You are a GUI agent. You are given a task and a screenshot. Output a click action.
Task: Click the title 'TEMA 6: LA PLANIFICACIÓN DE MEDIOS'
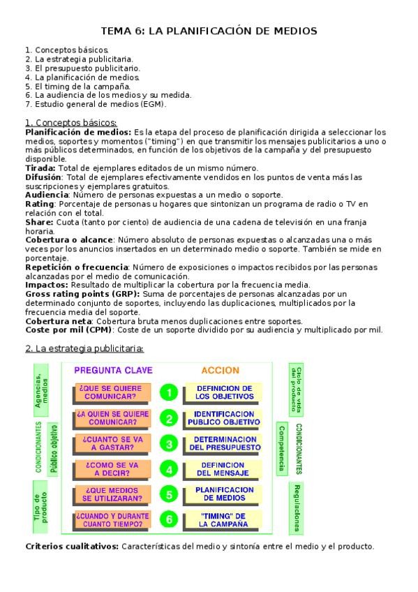[x=209, y=31]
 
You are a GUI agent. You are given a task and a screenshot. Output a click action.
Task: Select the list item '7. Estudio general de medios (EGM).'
[x=96, y=104]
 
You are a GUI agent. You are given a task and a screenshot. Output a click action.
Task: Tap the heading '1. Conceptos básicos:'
[x=70, y=123]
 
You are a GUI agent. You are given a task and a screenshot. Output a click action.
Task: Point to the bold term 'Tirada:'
[x=40, y=168]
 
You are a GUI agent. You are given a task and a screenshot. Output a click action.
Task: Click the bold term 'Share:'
[x=39, y=221]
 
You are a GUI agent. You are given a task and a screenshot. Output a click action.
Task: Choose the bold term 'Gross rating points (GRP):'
[x=82, y=295]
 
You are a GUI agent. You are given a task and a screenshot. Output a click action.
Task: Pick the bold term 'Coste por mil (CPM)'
[x=68, y=330]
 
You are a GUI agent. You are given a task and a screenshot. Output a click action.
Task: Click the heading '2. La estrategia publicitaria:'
[x=84, y=348]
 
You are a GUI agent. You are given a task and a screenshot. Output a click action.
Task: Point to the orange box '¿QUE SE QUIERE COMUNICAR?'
[x=112, y=392]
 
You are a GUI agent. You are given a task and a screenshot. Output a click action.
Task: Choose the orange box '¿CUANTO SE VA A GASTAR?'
[x=112, y=444]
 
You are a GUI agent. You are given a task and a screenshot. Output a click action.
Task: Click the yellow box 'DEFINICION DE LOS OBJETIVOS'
[x=223, y=392]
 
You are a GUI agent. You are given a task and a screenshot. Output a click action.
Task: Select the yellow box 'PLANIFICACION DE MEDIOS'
[x=223, y=494]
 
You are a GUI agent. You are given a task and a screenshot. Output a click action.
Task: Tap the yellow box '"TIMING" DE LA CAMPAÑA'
[x=223, y=519]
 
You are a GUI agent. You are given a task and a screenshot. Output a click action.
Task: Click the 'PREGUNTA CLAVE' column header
[x=113, y=370]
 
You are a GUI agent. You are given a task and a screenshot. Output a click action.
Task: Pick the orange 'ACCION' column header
[x=220, y=370]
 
